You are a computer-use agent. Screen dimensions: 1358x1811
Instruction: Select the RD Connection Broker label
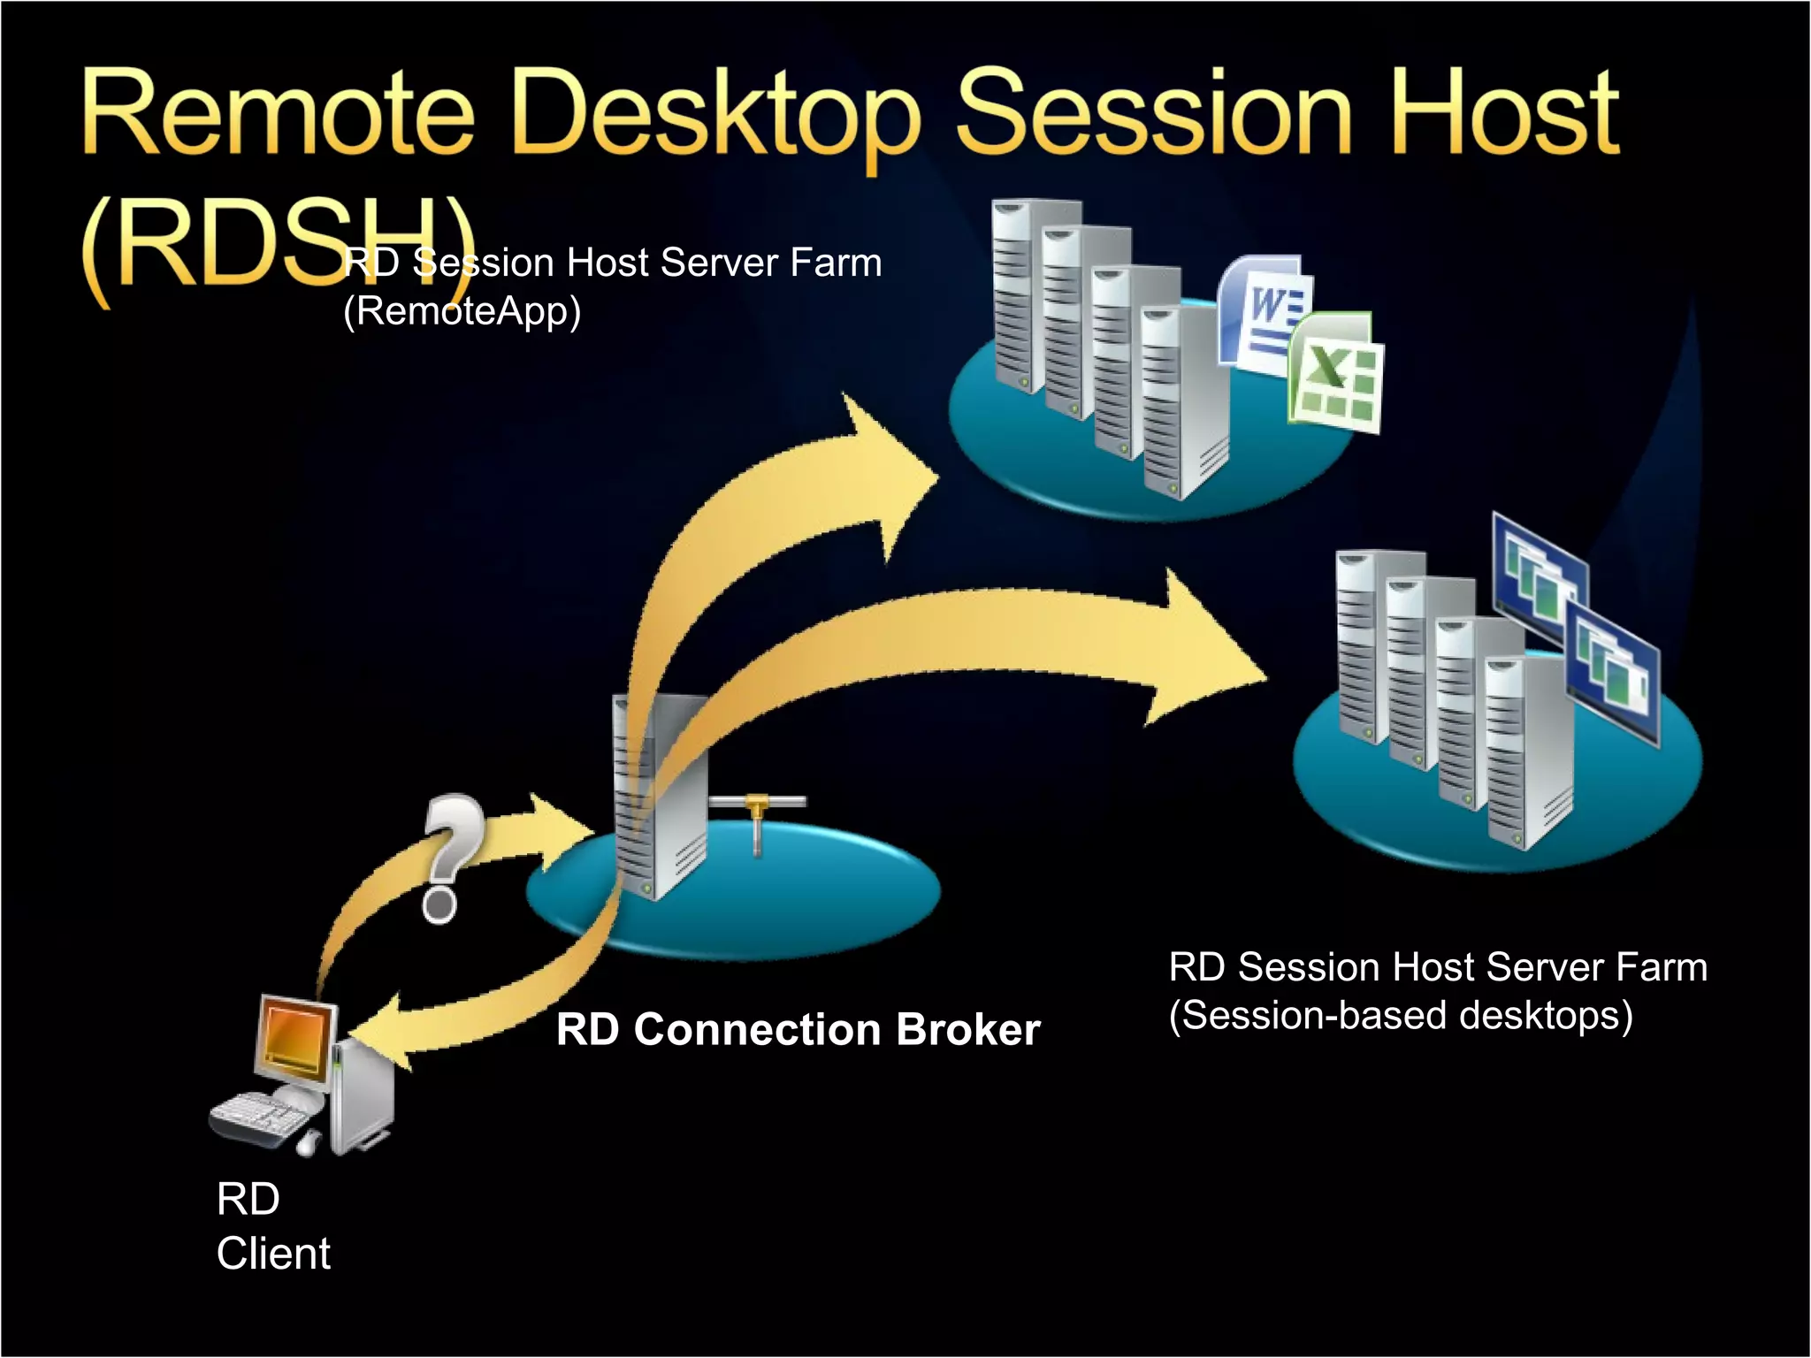798,1030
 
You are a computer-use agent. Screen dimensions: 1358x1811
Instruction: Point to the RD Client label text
272,1226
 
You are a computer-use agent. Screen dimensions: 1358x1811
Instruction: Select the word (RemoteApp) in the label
462,311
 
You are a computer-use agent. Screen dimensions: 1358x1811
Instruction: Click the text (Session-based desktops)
1401,1016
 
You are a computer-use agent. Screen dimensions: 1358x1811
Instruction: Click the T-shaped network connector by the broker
757,813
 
